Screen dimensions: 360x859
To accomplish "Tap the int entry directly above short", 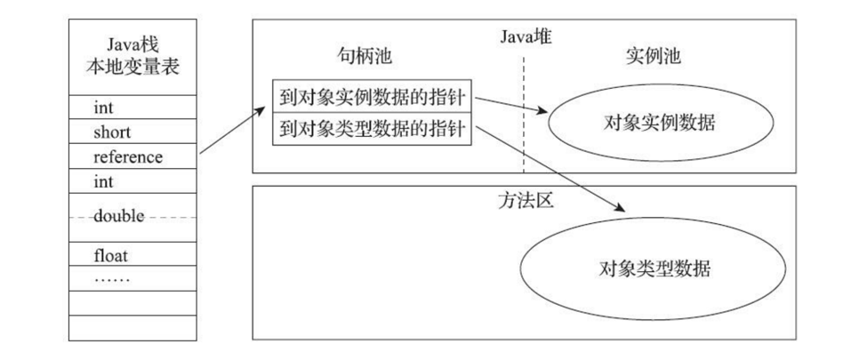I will tap(103, 108).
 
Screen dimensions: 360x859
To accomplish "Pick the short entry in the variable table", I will tap(111, 132).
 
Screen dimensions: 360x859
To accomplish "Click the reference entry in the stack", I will tap(127, 156).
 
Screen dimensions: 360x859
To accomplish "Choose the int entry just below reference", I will tap(103, 181).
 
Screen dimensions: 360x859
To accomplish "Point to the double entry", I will tap(118, 217).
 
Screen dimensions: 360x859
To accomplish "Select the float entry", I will tap(111, 256).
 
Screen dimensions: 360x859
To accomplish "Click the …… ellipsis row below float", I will tap(112, 278).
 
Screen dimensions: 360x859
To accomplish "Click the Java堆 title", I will tap(526, 36).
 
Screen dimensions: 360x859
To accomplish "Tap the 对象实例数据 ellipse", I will tap(658, 123).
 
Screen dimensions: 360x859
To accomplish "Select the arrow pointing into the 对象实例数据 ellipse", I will tap(512, 103).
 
